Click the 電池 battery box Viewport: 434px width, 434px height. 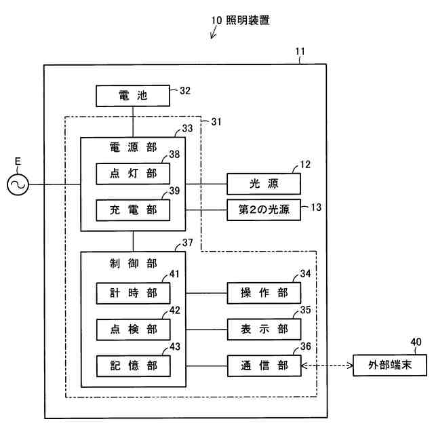(x=133, y=96)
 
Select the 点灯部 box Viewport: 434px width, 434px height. (x=133, y=174)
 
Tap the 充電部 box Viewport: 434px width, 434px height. (x=133, y=210)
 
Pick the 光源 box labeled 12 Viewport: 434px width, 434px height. (x=263, y=184)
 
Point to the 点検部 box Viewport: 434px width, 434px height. (x=133, y=329)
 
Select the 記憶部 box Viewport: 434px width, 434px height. (x=133, y=366)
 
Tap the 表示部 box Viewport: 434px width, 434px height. (x=263, y=329)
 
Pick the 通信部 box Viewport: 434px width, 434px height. (x=263, y=366)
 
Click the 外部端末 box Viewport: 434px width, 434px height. (x=390, y=366)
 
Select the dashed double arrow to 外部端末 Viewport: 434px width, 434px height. (x=327, y=366)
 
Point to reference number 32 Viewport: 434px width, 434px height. (x=184, y=90)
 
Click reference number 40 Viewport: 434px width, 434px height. (x=416, y=342)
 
